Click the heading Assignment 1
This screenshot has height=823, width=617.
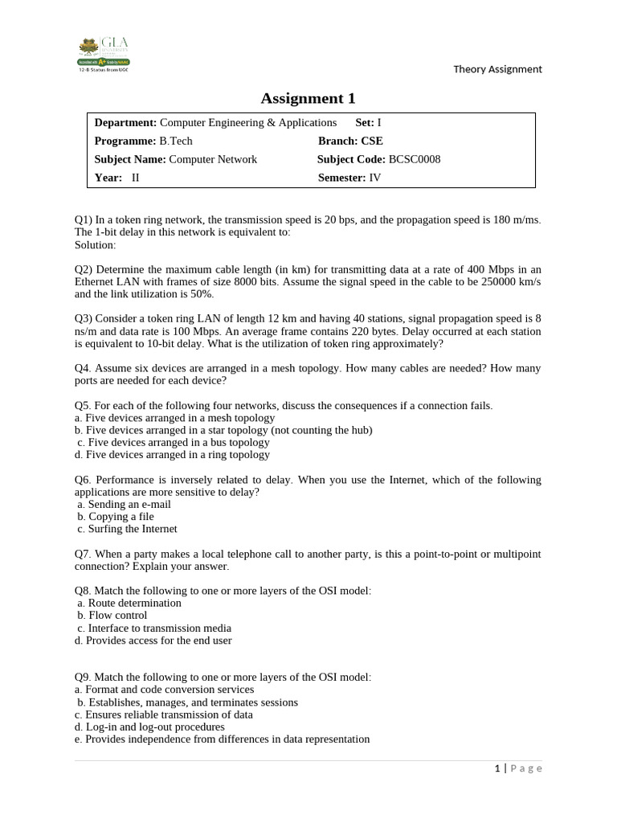pyautogui.click(x=308, y=98)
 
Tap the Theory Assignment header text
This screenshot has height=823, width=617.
pyautogui.click(x=497, y=69)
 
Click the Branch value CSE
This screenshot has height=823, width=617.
pyautogui.click(x=372, y=141)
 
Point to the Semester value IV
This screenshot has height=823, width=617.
pyautogui.click(x=375, y=178)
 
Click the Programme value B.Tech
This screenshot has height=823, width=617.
pyautogui.click(x=177, y=141)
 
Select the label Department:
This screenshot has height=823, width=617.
pyautogui.click(x=125, y=122)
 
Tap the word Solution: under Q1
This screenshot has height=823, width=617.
pyautogui.click(x=95, y=244)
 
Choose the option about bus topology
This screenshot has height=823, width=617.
pyautogui.click(x=178, y=442)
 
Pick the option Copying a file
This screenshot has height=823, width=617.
pyautogui.click(x=121, y=517)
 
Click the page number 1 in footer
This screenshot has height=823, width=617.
pyautogui.click(x=497, y=768)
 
